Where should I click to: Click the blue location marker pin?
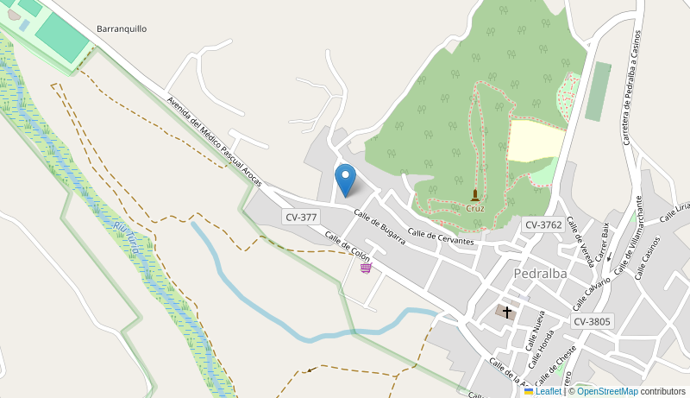pyautogui.click(x=345, y=180)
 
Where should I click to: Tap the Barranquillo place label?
pyautogui.click(x=122, y=28)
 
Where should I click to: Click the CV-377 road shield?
pyautogui.click(x=301, y=217)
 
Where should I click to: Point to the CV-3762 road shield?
pyautogui.click(x=543, y=224)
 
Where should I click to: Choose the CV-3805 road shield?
pyautogui.click(x=592, y=321)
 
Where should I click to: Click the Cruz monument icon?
pyautogui.click(x=475, y=195)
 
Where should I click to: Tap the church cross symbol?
pyautogui.click(x=507, y=312)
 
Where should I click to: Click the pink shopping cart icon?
pyautogui.click(x=366, y=268)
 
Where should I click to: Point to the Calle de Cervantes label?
pyautogui.click(x=441, y=237)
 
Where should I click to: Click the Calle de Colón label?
pyautogui.click(x=347, y=246)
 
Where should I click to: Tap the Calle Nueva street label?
pyautogui.click(x=536, y=332)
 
